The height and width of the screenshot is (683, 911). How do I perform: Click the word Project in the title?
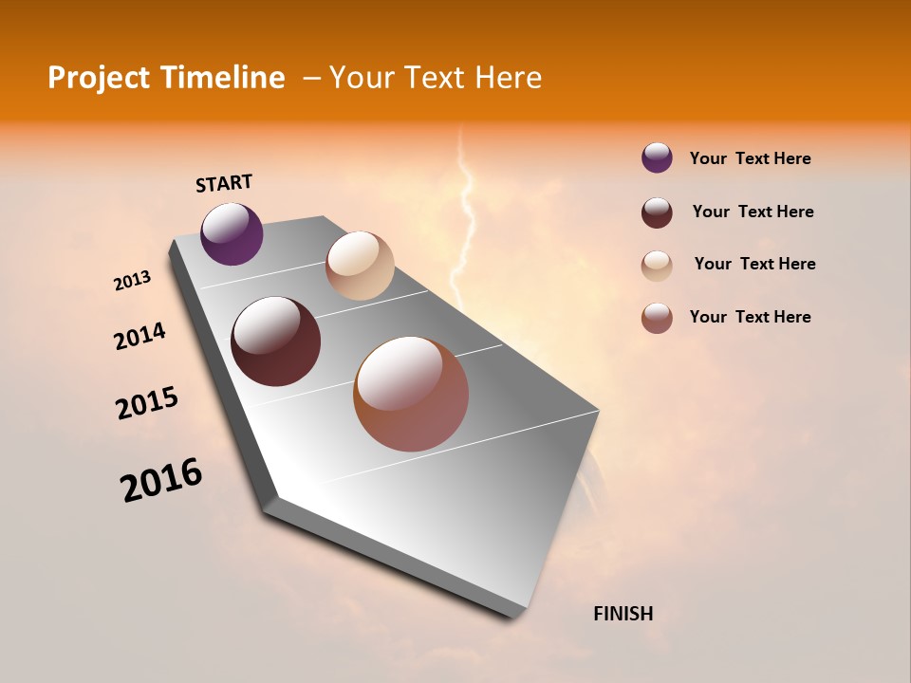[99, 78]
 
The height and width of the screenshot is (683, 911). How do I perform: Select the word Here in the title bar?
[508, 78]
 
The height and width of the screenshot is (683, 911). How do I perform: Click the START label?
[224, 183]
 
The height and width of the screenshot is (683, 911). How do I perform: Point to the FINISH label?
[623, 614]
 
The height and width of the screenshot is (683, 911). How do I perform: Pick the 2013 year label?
[132, 281]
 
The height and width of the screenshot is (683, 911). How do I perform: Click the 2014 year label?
[139, 336]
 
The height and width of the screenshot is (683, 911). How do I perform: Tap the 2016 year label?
[161, 480]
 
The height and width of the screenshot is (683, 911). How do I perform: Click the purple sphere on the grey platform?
[232, 233]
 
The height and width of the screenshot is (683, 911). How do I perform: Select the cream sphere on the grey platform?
[360, 266]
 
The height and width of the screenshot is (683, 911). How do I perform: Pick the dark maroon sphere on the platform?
[275, 341]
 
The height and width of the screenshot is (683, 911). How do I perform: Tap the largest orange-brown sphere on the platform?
[411, 394]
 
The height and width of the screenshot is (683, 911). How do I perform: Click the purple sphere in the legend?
[657, 158]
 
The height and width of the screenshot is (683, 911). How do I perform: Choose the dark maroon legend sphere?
[657, 212]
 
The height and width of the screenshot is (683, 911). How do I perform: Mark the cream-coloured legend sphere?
[657, 265]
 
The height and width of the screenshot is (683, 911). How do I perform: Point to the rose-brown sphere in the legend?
[657, 318]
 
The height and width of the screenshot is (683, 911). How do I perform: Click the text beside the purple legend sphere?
[750, 158]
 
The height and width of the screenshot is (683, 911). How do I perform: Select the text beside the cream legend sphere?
[754, 264]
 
